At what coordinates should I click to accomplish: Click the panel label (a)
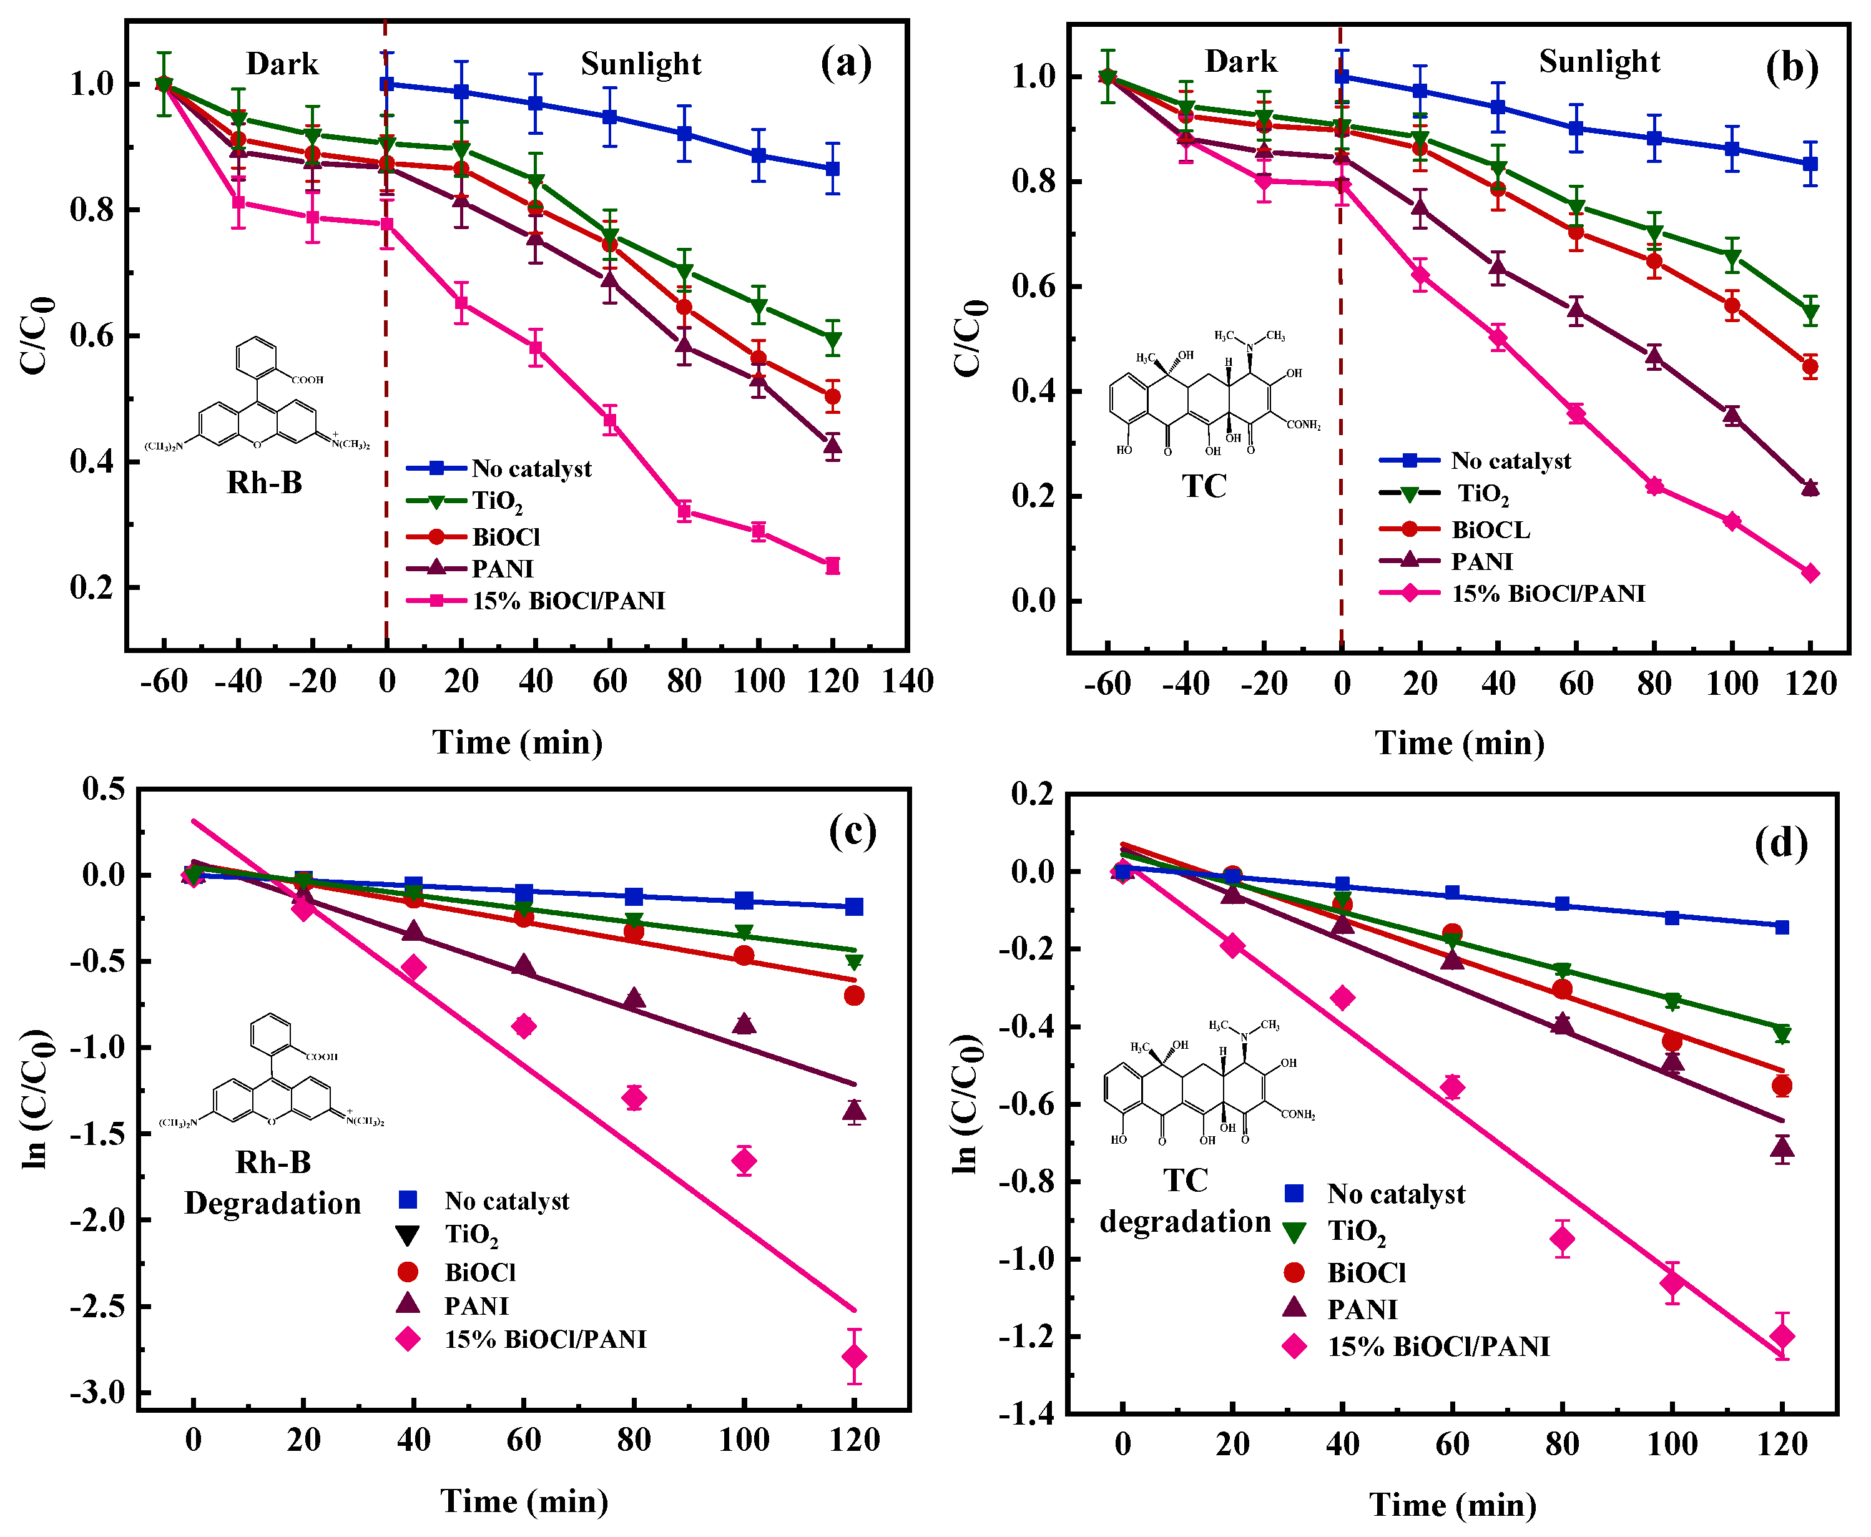[x=846, y=64]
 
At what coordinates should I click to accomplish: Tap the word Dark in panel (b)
[x=1240, y=62]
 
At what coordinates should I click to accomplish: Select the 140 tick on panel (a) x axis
[x=906, y=681]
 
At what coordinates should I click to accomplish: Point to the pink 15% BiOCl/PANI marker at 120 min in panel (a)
[x=832, y=566]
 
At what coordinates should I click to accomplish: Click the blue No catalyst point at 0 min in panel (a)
[x=386, y=84]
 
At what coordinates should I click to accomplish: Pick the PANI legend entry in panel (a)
[x=502, y=568]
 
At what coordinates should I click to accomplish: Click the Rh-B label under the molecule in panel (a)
[x=264, y=483]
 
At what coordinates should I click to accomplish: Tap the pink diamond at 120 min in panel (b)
[x=1810, y=573]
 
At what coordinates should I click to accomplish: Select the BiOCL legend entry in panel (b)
[x=1490, y=529]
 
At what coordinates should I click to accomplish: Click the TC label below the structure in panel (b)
[x=1204, y=486]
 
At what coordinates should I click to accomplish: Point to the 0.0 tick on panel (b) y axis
[x=1034, y=601]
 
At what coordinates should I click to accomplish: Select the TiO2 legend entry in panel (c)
[x=471, y=1234]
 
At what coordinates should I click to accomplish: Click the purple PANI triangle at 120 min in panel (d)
[x=1782, y=1148]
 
